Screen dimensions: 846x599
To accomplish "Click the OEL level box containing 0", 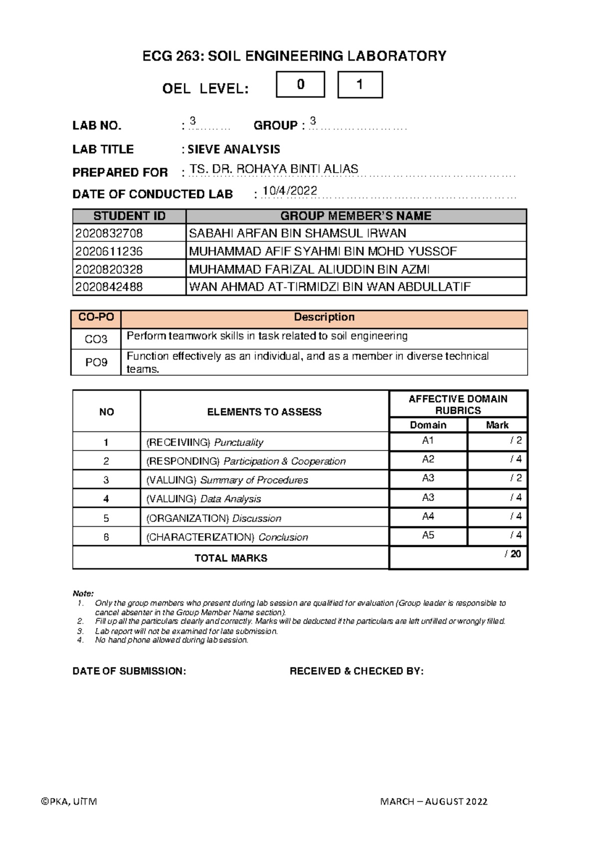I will point(300,84).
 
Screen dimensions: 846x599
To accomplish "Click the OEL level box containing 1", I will point(360,84).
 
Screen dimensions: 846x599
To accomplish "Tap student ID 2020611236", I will point(109,251).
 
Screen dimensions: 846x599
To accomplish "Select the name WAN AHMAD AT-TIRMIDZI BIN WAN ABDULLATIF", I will point(329,287).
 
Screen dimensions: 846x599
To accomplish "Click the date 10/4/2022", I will point(290,191).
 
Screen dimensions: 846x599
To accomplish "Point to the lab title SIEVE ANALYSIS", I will point(234,149).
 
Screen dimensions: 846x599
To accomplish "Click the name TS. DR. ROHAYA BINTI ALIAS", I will point(274,169).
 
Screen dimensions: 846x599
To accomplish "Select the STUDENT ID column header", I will point(129,216).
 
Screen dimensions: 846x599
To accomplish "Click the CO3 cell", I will point(96,339).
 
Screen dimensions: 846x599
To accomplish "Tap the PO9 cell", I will point(96,362).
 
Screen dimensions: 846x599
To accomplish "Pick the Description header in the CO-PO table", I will point(324,317).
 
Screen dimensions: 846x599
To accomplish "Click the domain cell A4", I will point(428,516).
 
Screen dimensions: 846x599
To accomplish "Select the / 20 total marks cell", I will point(458,557).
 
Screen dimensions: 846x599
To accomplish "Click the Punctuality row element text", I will point(205,442).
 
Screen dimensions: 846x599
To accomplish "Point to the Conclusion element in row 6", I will point(227,537).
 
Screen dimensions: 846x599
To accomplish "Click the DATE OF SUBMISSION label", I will point(129,671).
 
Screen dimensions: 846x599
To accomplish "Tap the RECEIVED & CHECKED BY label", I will point(356,671).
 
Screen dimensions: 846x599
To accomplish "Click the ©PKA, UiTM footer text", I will point(69,801).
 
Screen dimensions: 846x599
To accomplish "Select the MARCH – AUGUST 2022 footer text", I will point(433,801).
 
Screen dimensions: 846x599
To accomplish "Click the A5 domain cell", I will point(428,535).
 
